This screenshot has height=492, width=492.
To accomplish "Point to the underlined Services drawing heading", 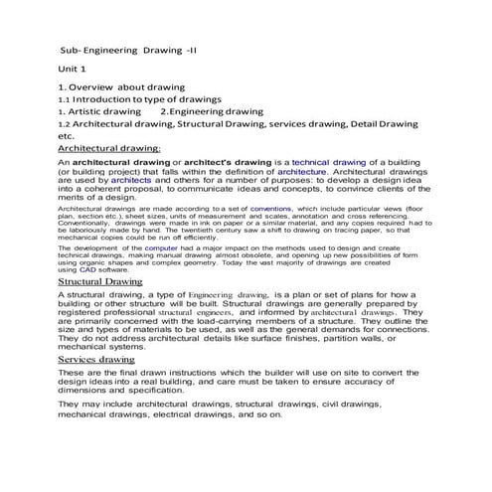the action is click(97, 359).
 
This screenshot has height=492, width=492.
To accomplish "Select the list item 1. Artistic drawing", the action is click(98, 112).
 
